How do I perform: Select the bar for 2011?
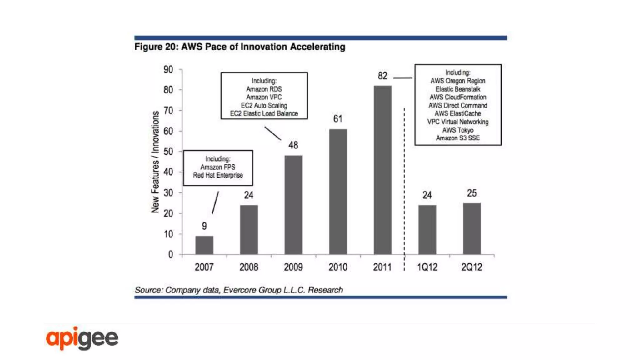pyautogui.click(x=382, y=170)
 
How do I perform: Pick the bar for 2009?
pyautogui.click(x=293, y=205)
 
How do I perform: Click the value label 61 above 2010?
pyautogui.click(x=338, y=119)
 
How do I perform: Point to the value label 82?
pyautogui.click(x=382, y=76)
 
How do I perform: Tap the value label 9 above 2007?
pyautogui.click(x=204, y=226)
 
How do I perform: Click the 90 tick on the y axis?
pyautogui.click(x=168, y=69)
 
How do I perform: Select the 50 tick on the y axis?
pyautogui.click(x=168, y=152)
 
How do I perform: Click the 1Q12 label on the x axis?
pyautogui.click(x=427, y=267)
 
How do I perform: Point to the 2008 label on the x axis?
pyautogui.click(x=249, y=267)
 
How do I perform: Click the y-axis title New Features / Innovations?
pyautogui.click(x=155, y=162)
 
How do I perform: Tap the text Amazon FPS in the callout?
pyautogui.click(x=218, y=167)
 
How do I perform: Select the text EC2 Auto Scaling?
pyautogui.click(x=264, y=105)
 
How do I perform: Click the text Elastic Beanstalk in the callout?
pyautogui.click(x=458, y=89)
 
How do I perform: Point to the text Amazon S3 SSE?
pyautogui.click(x=458, y=138)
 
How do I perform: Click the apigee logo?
pyautogui.click(x=82, y=338)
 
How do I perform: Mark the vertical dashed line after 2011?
pyautogui.click(x=404, y=187)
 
